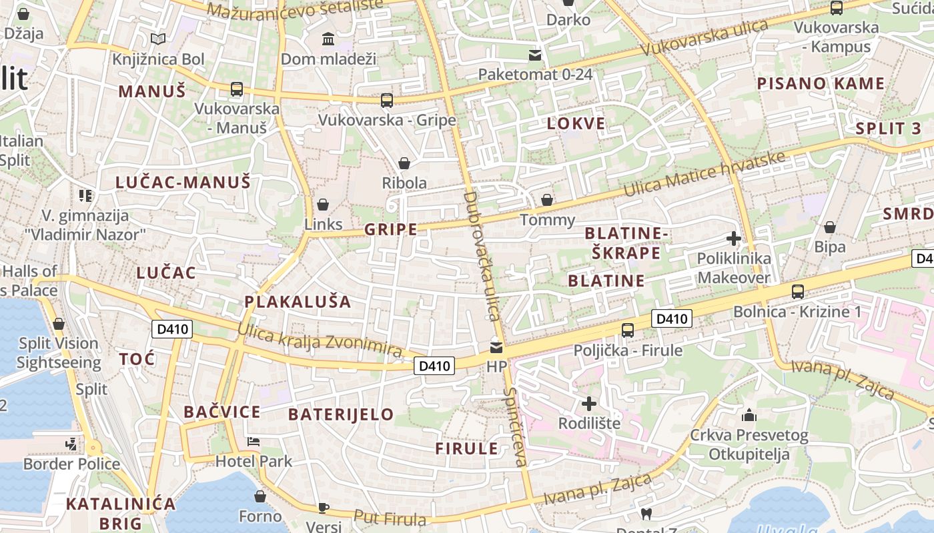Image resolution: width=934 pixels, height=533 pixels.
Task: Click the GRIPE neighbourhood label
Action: tap(390, 230)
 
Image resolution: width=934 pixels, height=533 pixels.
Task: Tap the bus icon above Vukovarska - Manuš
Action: tap(236, 89)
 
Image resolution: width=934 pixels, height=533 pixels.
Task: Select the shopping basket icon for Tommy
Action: tap(547, 200)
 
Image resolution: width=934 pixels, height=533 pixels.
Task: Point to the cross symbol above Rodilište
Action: tap(589, 403)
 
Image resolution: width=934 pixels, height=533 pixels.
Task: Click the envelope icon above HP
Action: tap(496, 347)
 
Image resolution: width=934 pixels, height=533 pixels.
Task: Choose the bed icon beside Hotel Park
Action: tap(254, 442)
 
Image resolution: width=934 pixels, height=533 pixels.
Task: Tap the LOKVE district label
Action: tap(576, 123)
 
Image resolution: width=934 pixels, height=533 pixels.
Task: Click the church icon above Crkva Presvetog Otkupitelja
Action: tap(749, 415)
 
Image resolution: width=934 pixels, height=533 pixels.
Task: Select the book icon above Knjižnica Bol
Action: tap(158, 39)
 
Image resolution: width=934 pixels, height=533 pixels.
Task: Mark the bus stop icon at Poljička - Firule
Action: tap(627, 330)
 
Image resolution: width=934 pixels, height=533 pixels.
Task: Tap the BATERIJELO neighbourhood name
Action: tap(341, 414)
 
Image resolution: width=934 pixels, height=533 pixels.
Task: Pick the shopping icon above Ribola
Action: tap(404, 163)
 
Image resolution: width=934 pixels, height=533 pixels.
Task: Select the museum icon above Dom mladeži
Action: tap(328, 39)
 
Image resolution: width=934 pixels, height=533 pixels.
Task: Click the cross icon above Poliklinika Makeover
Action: tap(734, 238)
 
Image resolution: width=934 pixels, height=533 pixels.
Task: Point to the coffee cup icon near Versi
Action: tap(324, 508)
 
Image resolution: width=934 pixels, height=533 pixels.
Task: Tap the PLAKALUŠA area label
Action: tap(298, 302)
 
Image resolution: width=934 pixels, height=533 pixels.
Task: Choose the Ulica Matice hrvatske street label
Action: tap(704, 174)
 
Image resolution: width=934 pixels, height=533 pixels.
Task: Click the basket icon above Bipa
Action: tap(830, 227)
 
